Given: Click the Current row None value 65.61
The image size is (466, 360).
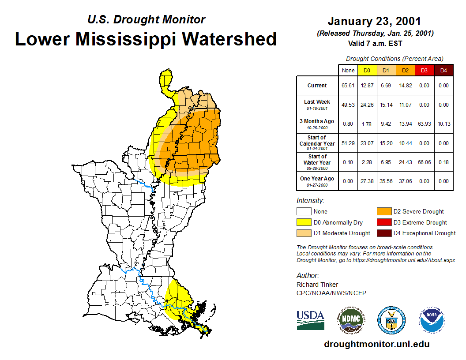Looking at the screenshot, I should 348,86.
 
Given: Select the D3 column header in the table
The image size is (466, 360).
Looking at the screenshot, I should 424,70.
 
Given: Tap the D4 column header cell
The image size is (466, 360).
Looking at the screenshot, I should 443,70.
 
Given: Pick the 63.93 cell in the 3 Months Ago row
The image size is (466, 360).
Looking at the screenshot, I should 424,124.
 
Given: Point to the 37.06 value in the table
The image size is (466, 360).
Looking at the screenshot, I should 405,181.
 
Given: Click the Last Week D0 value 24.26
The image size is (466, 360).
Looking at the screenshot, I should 367,105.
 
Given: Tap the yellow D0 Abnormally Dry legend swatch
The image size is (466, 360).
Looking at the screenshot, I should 304,222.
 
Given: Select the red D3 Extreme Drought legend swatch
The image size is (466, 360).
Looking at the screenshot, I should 384,222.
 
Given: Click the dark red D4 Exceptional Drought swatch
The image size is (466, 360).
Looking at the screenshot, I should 384,233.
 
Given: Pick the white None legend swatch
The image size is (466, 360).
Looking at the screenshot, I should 304,211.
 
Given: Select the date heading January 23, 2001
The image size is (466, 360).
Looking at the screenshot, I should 374,21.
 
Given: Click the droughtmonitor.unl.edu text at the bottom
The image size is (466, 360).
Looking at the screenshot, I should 376,344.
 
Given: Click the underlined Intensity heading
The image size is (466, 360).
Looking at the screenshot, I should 310,200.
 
